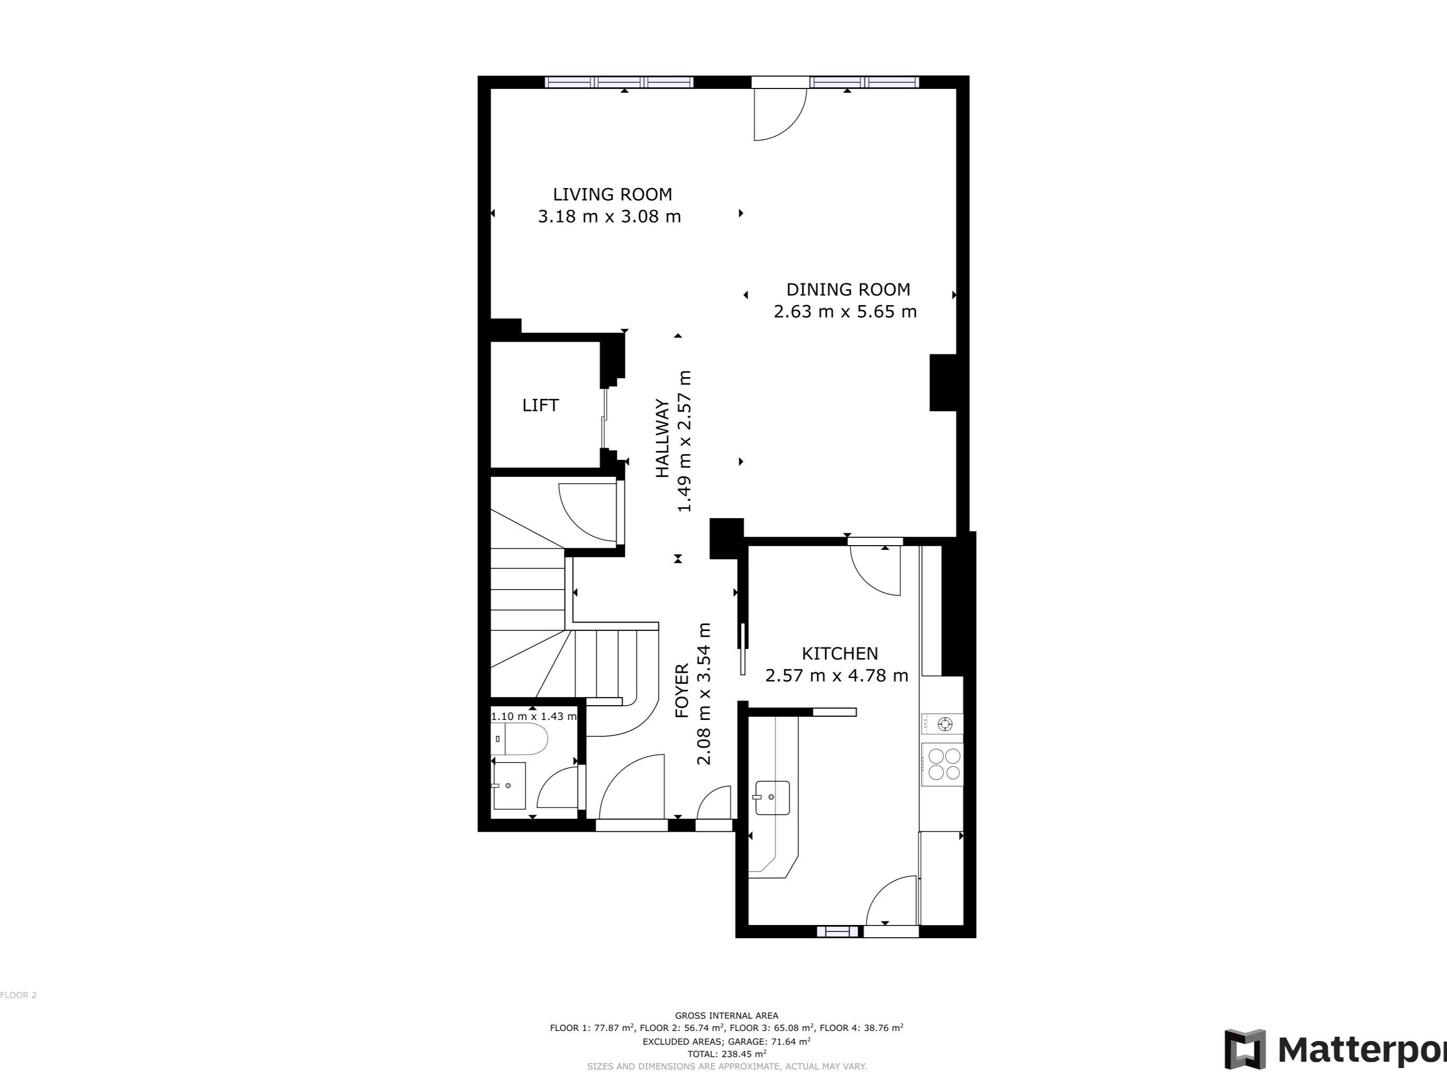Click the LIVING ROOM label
click(x=612, y=194)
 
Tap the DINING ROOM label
click(x=848, y=289)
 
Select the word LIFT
click(x=540, y=405)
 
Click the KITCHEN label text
click(x=840, y=653)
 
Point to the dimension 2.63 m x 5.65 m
click(x=845, y=312)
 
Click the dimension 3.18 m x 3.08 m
click(x=609, y=217)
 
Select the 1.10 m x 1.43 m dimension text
click(x=534, y=716)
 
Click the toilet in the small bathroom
click(x=520, y=739)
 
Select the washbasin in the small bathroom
click(x=509, y=786)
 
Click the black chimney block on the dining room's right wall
click(x=942, y=383)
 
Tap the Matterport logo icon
click(x=1245, y=1049)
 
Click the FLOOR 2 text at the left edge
click(x=19, y=995)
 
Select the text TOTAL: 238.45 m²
click(x=726, y=1054)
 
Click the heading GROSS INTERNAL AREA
click(x=726, y=1016)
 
